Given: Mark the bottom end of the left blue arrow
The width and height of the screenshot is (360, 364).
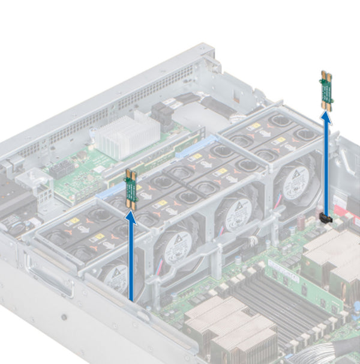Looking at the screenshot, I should coord(131,298).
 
